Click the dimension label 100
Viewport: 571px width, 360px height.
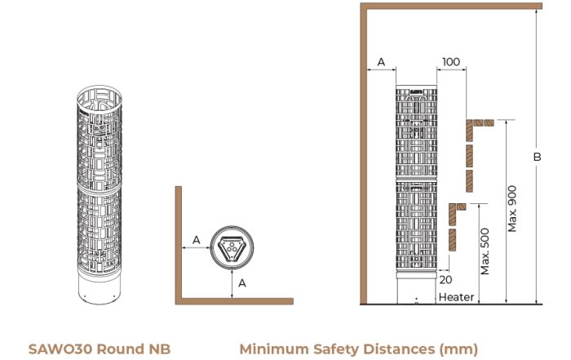click(x=451, y=62)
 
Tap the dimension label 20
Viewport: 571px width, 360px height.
click(x=445, y=280)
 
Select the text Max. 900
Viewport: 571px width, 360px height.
click(x=512, y=209)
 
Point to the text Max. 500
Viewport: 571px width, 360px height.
click(x=485, y=251)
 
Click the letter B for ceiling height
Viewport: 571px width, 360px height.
click(x=537, y=157)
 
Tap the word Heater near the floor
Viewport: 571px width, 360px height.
click(x=456, y=297)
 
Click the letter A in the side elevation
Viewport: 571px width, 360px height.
click(x=381, y=62)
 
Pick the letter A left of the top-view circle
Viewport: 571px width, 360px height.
click(x=197, y=240)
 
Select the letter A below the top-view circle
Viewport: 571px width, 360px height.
click(x=242, y=283)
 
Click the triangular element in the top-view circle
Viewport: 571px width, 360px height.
click(x=232, y=248)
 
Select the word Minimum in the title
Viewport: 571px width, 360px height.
click(x=274, y=349)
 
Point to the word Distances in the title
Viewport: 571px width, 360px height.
click(x=400, y=349)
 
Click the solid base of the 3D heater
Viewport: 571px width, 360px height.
click(x=100, y=288)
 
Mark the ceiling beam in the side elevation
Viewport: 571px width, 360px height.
click(x=451, y=6)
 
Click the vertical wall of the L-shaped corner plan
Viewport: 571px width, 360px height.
click(x=179, y=245)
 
